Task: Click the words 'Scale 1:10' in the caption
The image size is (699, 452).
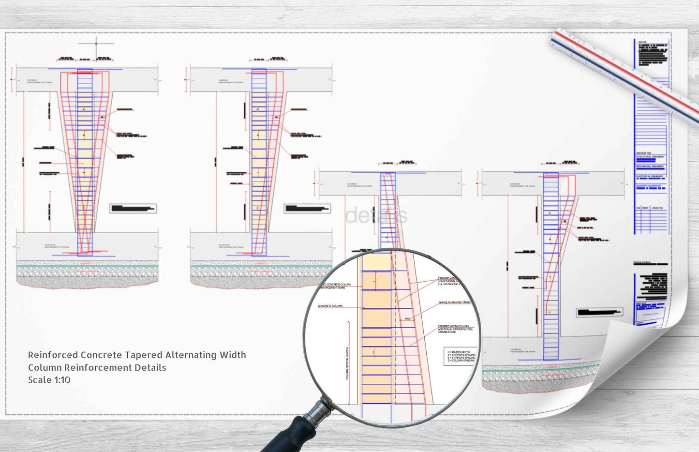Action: [x=49, y=380]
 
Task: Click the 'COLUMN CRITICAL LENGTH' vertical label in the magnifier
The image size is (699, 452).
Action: [x=347, y=363]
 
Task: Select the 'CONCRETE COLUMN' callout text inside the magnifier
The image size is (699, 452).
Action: [x=330, y=306]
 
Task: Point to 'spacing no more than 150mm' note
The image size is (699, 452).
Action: [x=455, y=302]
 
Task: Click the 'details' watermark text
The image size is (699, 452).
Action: [x=376, y=216]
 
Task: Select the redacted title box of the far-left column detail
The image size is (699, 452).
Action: [x=133, y=209]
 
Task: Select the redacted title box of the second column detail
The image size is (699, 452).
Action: [x=307, y=209]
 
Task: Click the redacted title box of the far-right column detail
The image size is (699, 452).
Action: [x=599, y=312]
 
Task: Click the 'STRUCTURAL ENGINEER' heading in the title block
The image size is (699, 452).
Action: [x=650, y=157]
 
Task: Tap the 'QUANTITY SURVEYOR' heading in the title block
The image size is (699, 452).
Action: [x=649, y=186]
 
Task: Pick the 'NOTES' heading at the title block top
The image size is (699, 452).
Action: [x=642, y=42]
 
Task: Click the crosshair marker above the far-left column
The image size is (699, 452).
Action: [x=96, y=44]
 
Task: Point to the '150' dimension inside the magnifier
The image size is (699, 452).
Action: [x=407, y=319]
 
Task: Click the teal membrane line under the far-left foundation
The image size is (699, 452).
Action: [x=87, y=266]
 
